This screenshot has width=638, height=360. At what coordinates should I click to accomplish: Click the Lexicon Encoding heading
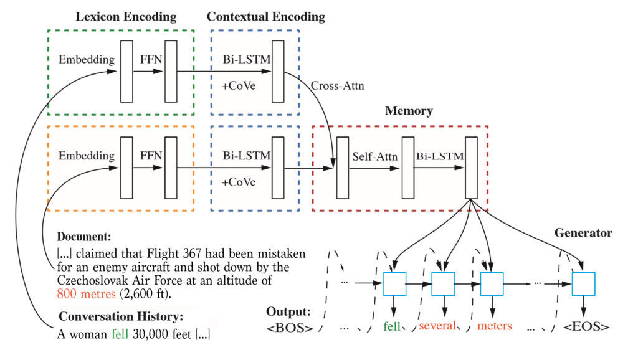pyautogui.click(x=126, y=16)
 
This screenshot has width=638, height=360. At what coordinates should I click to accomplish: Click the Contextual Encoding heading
pyautogui.click(x=265, y=16)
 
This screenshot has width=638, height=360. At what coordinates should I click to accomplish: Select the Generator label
pyautogui.click(x=583, y=233)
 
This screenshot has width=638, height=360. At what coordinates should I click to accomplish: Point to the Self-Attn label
pyautogui.click(x=374, y=156)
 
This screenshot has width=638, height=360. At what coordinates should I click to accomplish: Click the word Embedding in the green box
pyautogui.click(x=87, y=60)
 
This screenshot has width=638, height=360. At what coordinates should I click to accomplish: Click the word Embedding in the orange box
pyautogui.click(x=87, y=156)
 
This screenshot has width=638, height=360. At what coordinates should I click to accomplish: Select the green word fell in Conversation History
pyautogui.click(x=117, y=334)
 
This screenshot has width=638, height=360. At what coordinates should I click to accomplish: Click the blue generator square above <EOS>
pyautogui.click(x=584, y=284)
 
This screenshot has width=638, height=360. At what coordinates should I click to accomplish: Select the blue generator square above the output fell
pyautogui.click(x=394, y=284)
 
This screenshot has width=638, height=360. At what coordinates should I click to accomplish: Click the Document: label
pyautogui.click(x=84, y=237)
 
